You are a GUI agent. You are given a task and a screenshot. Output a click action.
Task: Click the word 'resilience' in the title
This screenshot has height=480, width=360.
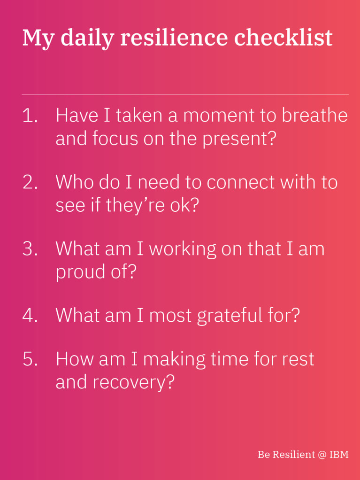click(x=174, y=38)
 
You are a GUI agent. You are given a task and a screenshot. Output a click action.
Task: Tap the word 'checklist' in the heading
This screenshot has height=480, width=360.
click(x=283, y=38)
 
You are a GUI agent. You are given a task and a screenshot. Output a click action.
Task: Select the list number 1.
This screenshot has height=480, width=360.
click(x=30, y=116)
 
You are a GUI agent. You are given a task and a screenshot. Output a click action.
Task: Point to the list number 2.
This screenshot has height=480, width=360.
click(x=30, y=182)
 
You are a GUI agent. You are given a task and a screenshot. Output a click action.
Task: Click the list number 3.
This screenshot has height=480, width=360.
click(x=30, y=248)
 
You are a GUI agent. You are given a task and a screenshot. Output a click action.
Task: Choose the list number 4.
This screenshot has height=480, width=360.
click(x=30, y=315)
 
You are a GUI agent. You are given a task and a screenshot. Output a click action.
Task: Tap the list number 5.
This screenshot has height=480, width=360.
click(x=30, y=359)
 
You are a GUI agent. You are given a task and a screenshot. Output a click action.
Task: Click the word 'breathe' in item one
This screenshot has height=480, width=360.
click(x=315, y=116)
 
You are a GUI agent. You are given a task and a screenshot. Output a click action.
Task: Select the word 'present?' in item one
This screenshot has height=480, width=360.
click(x=239, y=139)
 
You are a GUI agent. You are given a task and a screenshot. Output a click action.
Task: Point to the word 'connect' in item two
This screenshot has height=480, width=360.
click(x=241, y=182)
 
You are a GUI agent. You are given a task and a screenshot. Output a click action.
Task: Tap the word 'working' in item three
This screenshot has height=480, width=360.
click(x=183, y=249)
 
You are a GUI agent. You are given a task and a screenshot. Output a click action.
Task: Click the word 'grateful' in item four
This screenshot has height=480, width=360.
click(x=230, y=316)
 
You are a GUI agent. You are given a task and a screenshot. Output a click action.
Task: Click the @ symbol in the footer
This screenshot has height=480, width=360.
click(x=322, y=455)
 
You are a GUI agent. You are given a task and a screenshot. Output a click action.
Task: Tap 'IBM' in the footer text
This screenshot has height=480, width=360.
click(x=339, y=454)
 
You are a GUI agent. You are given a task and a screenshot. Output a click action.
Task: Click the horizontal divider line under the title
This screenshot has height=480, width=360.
click(x=185, y=94)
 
